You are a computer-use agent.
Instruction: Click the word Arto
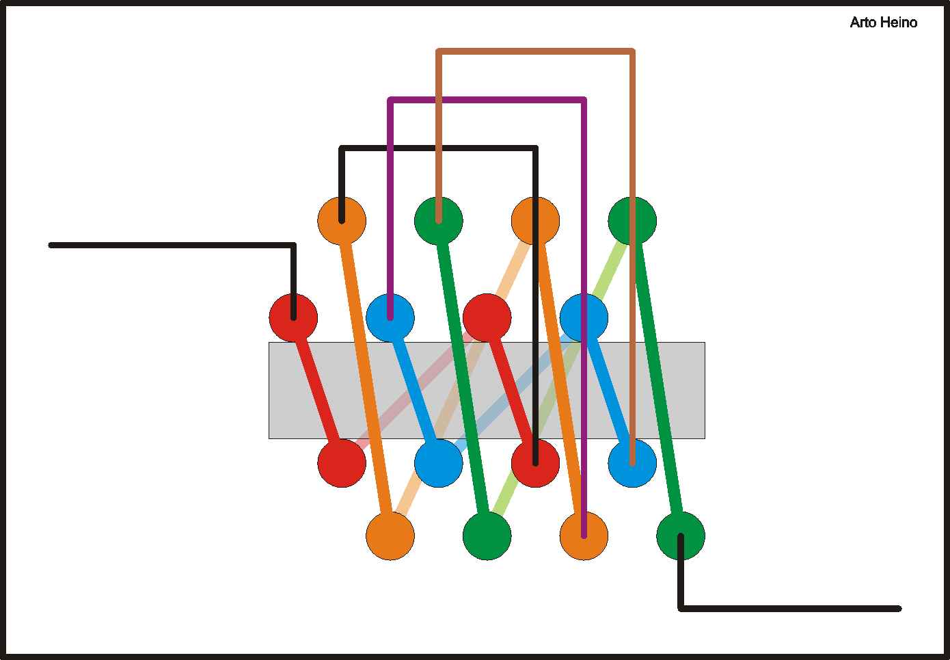click(863, 23)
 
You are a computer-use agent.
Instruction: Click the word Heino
click(899, 23)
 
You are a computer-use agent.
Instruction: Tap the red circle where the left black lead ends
click(293, 318)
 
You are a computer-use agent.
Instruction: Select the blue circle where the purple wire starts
click(390, 318)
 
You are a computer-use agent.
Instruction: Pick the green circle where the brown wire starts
click(439, 220)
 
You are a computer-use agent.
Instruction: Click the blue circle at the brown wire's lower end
click(632, 463)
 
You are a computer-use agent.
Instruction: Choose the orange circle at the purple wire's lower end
click(584, 536)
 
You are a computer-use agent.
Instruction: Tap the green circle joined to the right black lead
click(681, 536)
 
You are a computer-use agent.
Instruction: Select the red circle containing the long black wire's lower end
click(535, 463)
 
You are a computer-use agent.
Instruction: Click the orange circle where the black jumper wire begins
click(342, 220)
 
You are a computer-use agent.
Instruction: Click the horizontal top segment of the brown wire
click(535, 51)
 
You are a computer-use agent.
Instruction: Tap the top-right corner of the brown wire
click(632, 51)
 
